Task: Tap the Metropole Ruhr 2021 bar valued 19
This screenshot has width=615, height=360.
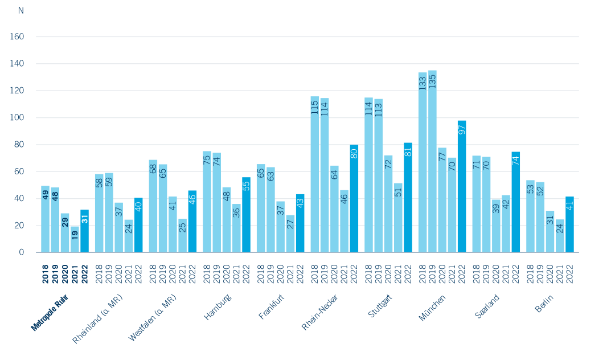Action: click(x=75, y=239)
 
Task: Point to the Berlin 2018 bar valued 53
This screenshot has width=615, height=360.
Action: click(x=530, y=216)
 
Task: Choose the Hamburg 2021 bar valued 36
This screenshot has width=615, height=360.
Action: click(x=236, y=228)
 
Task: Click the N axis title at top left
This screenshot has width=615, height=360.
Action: click(x=21, y=11)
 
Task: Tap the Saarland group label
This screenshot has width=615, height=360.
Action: click(x=487, y=306)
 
